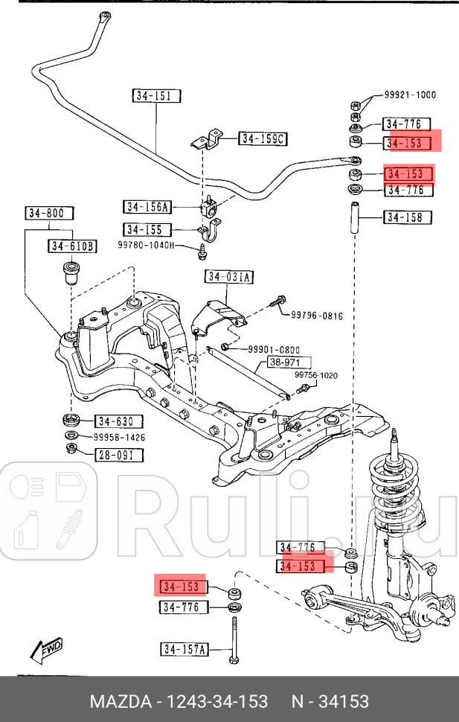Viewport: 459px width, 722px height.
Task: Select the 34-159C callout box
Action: pos(263,138)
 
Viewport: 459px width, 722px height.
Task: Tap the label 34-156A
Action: pos(147,207)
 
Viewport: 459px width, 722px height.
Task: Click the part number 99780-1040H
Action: pos(146,245)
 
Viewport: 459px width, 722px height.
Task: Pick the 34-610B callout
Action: pos(73,246)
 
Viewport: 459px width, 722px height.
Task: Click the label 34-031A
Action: pos(230,278)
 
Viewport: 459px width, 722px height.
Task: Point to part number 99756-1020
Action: pos(315,375)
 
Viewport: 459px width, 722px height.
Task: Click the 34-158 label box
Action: pos(408,217)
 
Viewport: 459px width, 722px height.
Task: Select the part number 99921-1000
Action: pos(410,95)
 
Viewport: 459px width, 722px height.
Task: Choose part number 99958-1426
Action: pos(120,438)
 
